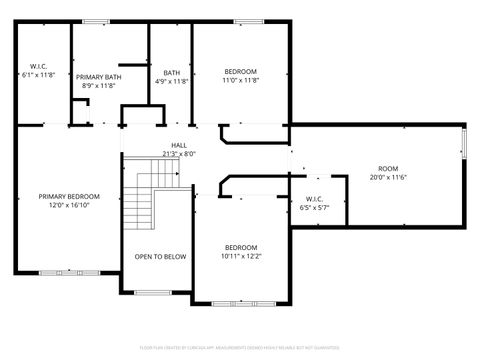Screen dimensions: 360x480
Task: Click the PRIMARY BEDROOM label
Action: coord(69,196)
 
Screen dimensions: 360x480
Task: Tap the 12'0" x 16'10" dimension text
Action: coord(69,205)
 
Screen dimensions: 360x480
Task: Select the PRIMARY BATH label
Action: coord(99,76)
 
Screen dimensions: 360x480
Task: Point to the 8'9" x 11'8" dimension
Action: coord(99,85)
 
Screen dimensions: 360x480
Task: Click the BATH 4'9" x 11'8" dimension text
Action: coord(171,81)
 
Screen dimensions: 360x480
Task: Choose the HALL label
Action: coord(179,145)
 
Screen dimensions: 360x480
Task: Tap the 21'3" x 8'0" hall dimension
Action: coord(179,154)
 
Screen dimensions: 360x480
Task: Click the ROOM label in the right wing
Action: coord(388,168)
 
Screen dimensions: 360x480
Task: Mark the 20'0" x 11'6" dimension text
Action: coord(388,177)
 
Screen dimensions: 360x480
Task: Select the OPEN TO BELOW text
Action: coord(160,257)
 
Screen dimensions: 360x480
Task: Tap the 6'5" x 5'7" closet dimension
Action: coord(313,208)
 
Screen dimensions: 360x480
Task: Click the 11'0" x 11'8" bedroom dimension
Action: coord(241,81)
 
